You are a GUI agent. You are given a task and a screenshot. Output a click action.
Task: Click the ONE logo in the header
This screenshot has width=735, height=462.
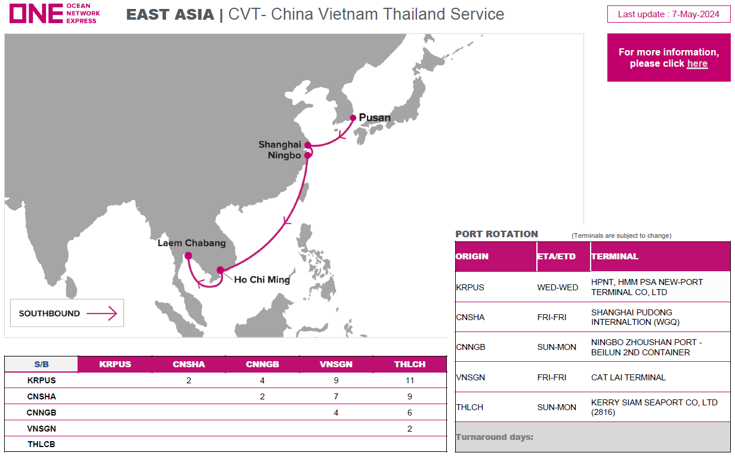coord(55,14)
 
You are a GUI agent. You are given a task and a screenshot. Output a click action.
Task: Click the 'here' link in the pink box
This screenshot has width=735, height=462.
coord(697,63)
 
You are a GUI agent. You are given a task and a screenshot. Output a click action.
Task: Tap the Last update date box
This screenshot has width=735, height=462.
coord(668,14)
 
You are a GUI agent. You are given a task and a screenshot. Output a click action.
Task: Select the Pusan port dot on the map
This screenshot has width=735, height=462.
coord(353,117)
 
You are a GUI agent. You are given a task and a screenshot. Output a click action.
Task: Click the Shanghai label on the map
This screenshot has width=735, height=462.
coord(280,144)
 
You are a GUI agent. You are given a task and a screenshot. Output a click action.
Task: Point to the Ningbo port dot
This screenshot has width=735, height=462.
coord(308,155)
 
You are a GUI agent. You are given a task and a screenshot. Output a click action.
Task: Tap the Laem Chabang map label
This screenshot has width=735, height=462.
coord(192,243)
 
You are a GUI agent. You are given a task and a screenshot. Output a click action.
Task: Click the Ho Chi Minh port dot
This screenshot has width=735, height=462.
coord(221,270)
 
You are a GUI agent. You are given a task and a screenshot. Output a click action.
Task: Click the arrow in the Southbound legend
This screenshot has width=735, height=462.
coord(101,314)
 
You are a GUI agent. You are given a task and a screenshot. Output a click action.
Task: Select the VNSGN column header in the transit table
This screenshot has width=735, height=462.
coord(336,364)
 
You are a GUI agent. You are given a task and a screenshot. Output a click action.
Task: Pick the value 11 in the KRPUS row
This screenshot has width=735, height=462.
coord(409,380)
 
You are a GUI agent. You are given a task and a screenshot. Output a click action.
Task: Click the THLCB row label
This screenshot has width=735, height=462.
coord(41,444)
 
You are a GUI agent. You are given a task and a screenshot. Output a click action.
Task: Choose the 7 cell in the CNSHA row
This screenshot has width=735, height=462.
coord(336,396)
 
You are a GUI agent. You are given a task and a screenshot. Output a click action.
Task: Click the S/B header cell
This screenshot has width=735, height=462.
coord(41,364)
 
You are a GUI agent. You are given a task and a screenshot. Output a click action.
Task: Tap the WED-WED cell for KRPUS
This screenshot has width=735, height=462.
coord(557,287)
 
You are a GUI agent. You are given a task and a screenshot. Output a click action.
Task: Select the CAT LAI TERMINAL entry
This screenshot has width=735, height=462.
coord(628,377)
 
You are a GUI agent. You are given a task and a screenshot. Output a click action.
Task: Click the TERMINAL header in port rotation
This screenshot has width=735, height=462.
coord(615,256)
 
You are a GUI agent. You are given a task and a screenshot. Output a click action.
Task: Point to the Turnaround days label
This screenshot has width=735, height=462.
coord(495,437)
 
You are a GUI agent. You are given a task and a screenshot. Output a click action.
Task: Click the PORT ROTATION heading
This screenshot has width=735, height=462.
coord(497,234)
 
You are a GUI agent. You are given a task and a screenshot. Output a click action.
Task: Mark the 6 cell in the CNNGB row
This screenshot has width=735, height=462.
coord(409,413)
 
